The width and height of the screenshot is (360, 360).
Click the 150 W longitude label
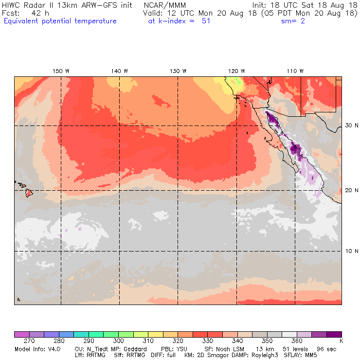point(61,71)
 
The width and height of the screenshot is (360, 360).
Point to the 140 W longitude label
point(120,71)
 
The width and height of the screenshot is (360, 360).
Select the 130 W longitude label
point(178,71)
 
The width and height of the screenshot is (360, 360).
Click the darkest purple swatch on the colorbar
point(334,334)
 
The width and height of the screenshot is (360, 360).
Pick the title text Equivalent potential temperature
point(60,21)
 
